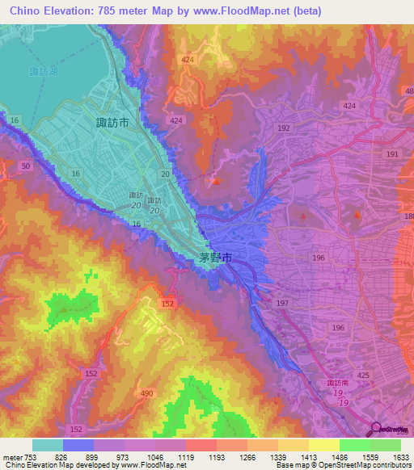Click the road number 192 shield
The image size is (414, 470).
click(x=283, y=128)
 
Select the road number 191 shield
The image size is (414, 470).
click(x=392, y=154)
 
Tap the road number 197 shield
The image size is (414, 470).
click(x=281, y=302)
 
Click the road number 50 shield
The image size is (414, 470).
click(x=25, y=166)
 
